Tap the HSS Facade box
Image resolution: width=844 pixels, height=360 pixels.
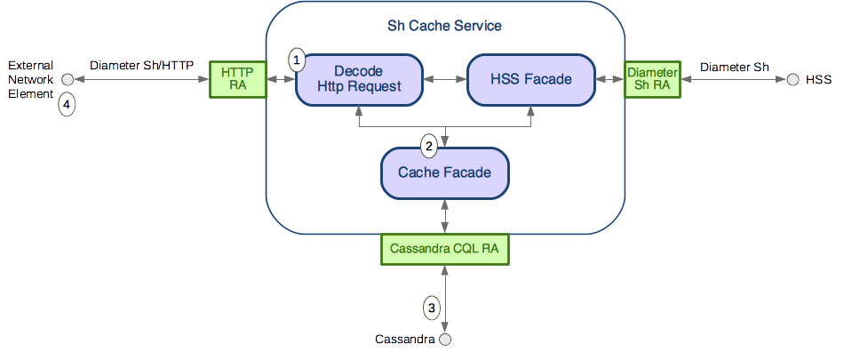click(531, 79)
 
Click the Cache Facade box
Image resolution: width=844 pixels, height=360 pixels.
click(444, 172)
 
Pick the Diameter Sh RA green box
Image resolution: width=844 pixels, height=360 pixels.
click(653, 79)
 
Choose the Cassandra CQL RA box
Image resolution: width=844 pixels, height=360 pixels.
click(444, 250)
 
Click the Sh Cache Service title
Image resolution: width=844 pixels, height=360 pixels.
click(444, 26)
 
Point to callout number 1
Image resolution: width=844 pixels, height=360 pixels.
click(298, 60)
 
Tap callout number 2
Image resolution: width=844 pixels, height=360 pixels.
click(429, 145)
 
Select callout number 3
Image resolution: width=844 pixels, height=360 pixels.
click(432, 308)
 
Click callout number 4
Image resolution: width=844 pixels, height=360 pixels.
click(67, 105)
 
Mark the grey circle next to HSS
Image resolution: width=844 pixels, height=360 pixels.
click(792, 80)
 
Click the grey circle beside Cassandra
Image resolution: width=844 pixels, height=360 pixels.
click(445, 340)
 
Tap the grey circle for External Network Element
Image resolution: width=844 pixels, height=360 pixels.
click(67, 80)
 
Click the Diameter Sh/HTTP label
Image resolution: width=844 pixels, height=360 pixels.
click(142, 66)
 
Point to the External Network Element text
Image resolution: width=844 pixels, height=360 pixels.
click(30, 80)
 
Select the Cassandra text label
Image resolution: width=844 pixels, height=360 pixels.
click(404, 340)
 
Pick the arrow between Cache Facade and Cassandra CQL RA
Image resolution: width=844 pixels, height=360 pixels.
click(444, 216)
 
